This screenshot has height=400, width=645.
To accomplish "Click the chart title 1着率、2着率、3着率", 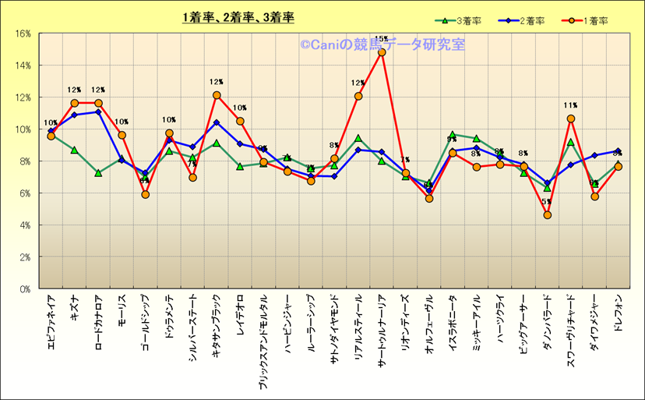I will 238,16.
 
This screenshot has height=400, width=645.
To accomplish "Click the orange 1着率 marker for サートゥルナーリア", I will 382,52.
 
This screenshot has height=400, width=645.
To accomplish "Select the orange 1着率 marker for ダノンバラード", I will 548,214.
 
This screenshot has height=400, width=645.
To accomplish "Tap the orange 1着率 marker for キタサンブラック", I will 217,95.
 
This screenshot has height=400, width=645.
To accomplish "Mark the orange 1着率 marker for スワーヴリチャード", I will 571,119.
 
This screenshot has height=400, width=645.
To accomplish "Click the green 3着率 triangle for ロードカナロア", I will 98,173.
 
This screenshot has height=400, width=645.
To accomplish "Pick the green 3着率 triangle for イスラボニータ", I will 453,135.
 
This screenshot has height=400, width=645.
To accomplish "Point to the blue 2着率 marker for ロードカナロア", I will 98,112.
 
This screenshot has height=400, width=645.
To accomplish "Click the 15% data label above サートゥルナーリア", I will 382,39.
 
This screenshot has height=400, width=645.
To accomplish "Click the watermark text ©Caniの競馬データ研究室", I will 382,45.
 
